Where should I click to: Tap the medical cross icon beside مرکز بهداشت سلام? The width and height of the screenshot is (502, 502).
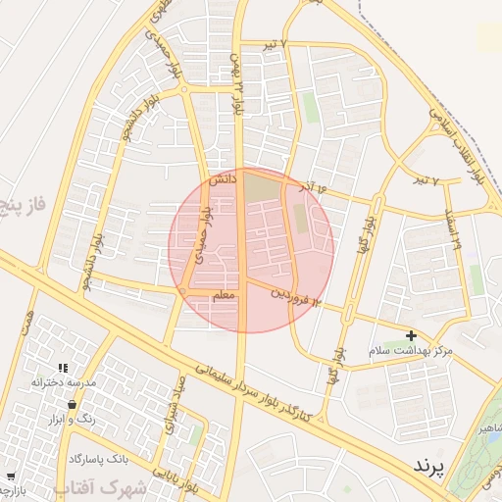pyautogui.click(x=411, y=336)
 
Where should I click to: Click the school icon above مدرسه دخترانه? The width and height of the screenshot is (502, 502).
pyautogui.click(x=63, y=368)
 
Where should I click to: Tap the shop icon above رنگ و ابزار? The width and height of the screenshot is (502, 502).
pyautogui.click(x=72, y=404)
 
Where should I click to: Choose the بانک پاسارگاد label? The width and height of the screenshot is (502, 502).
pyautogui.click(x=101, y=458)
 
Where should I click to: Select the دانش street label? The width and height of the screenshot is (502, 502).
pyautogui.click(x=223, y=179)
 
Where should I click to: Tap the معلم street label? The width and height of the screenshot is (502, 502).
pyautogui.click(x=224, y=294)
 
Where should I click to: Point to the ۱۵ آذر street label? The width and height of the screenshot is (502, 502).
pyautogui.click(x=333, y=184)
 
